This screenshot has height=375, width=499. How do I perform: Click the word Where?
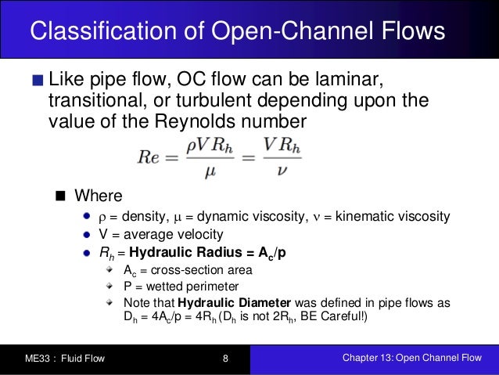click(x=99, y=195)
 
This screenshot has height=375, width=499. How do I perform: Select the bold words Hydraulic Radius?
click(x=181, y=252)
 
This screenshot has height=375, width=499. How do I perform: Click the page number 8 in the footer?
click(x=225, y=359)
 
